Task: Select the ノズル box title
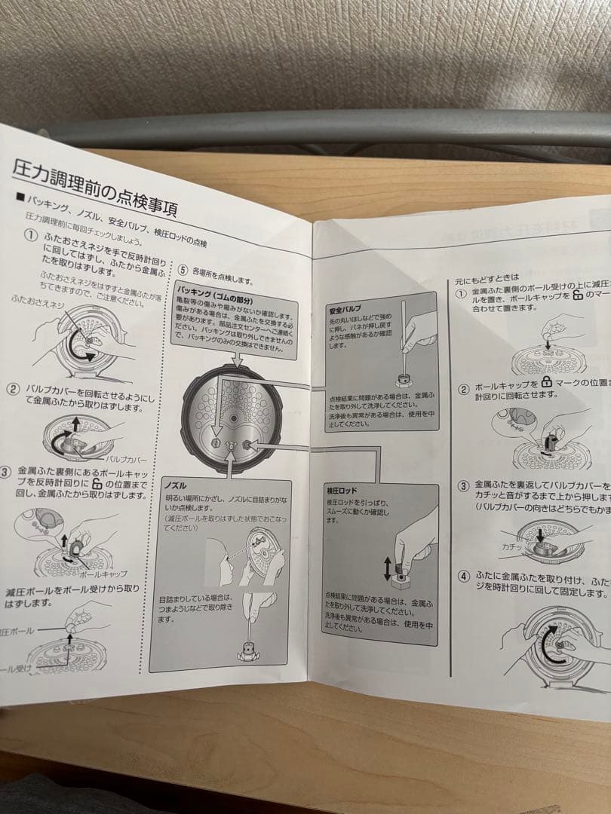click(x=176, y=485)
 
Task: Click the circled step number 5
click(x=183, y=269)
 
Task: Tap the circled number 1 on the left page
click(x=30, y=235)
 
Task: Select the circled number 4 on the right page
click(x=464, y=577)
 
